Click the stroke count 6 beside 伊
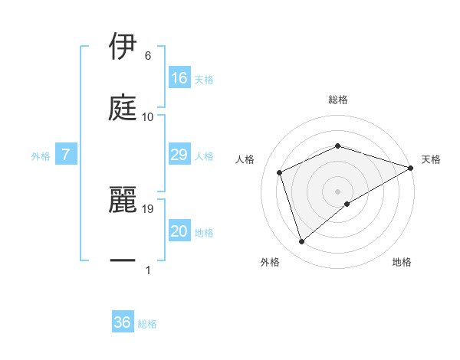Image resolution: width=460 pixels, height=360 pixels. click(148, 56)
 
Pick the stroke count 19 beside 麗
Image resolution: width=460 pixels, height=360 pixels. click(149, 208)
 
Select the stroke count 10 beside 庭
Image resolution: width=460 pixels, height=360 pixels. click(148, 116)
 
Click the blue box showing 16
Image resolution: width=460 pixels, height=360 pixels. click(179, 78)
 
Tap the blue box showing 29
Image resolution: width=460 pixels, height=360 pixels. click(179, 155)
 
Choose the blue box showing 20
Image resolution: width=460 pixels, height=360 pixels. click(179, 231)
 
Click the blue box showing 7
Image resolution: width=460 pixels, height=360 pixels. click(66, 155)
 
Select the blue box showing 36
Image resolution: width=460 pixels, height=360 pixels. click(123, 322)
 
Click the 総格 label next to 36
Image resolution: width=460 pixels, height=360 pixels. click(147, 323)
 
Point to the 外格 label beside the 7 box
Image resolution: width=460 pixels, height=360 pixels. click(41, 156)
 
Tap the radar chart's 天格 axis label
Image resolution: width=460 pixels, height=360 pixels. click(431, 159)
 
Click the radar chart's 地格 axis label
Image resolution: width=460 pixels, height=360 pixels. click(402, 262)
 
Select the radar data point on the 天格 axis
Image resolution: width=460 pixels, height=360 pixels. click(411, 168)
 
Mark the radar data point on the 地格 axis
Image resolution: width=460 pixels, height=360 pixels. click(347, 204)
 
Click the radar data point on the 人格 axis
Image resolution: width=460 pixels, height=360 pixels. click(280, 172)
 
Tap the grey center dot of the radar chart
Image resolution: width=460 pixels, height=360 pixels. click(338, 191)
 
